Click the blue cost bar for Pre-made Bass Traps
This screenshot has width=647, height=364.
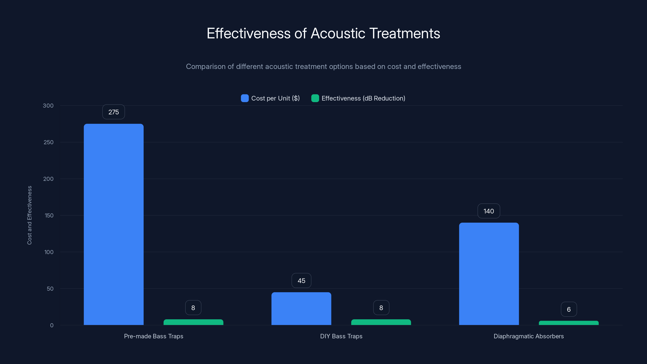point(113,224)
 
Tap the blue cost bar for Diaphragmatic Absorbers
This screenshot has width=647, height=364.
point(489,274)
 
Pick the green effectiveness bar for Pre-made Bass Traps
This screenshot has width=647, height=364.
point(193,322)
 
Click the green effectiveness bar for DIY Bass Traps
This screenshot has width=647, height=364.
point(381,322)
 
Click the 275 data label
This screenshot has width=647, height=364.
point(113,112)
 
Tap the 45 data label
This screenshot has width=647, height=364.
point(301,281)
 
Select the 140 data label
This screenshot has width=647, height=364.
point(488,211)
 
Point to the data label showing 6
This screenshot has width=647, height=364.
point(569,309)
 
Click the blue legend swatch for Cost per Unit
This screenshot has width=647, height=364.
point(245,98)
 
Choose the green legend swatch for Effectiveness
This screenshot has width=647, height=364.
point(315,98)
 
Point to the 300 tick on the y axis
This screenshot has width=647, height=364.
point(48,106)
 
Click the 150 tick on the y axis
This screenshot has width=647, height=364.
point(49,216)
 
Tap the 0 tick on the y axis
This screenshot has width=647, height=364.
point(52,325)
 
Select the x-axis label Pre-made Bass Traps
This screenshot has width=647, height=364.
point(153,336)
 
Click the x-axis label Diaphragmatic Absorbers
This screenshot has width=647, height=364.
point(529,336)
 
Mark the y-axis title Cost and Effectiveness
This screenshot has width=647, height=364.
point(29,215)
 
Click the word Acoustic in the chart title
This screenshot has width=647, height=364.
point(338,33)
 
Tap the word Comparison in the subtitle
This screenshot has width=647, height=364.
point(206,67)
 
